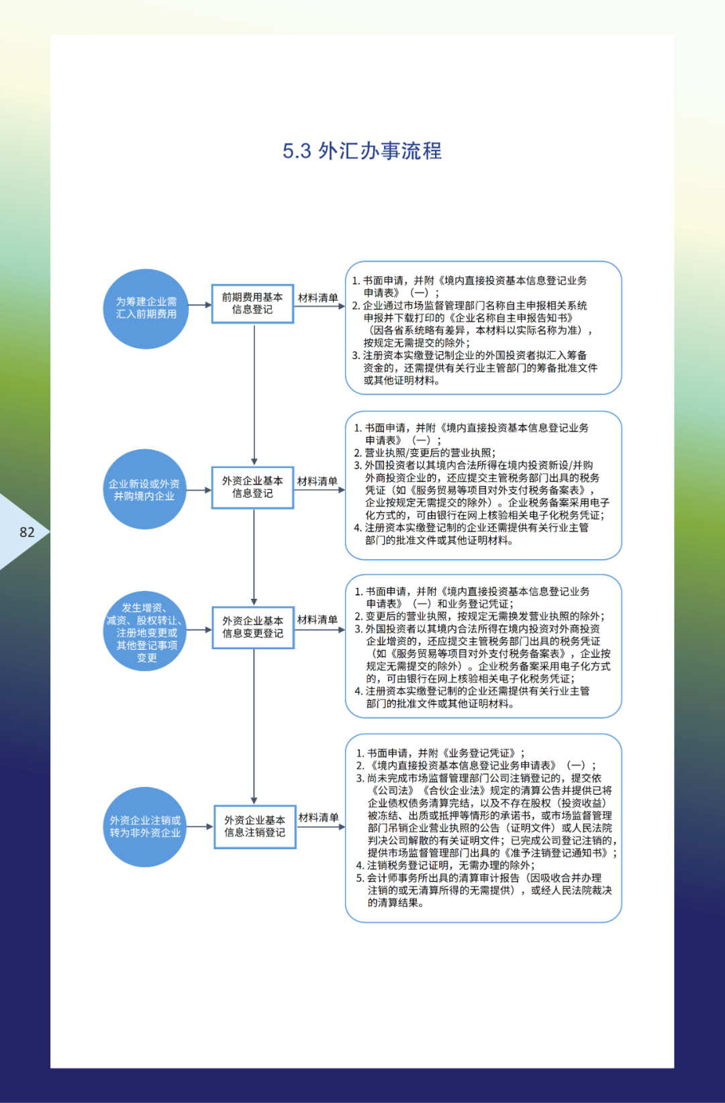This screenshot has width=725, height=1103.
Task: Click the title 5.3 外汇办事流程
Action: point(362,151)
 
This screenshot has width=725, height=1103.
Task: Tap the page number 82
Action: point(27,532)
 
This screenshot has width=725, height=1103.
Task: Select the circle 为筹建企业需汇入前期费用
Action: point(146,308)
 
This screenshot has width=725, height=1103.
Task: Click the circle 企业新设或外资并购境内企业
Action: point(144,490)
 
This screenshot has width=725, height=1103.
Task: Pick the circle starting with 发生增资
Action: point(146,632)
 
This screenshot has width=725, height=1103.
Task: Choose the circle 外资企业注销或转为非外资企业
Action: point(145,826)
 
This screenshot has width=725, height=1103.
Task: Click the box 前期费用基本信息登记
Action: point(252,303)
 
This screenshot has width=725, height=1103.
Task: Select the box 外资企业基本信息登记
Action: point(252,487)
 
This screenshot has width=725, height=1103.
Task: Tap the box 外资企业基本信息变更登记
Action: point(253,627)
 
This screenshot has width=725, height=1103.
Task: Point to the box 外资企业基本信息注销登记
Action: point(254,826)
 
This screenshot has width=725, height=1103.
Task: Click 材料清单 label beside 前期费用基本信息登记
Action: point(318,298)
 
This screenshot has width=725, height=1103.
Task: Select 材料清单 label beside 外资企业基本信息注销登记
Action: point(318,818)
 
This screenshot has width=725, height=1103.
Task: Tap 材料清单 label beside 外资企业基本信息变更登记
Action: point(317,620)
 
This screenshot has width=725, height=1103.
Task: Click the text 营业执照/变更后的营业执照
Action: point(430,453)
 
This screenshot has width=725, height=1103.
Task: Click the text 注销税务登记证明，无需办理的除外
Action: point(450,865)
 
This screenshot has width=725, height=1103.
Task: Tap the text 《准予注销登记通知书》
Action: point(557,853)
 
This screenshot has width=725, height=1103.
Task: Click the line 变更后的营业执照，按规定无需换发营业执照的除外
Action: point(483,616)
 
